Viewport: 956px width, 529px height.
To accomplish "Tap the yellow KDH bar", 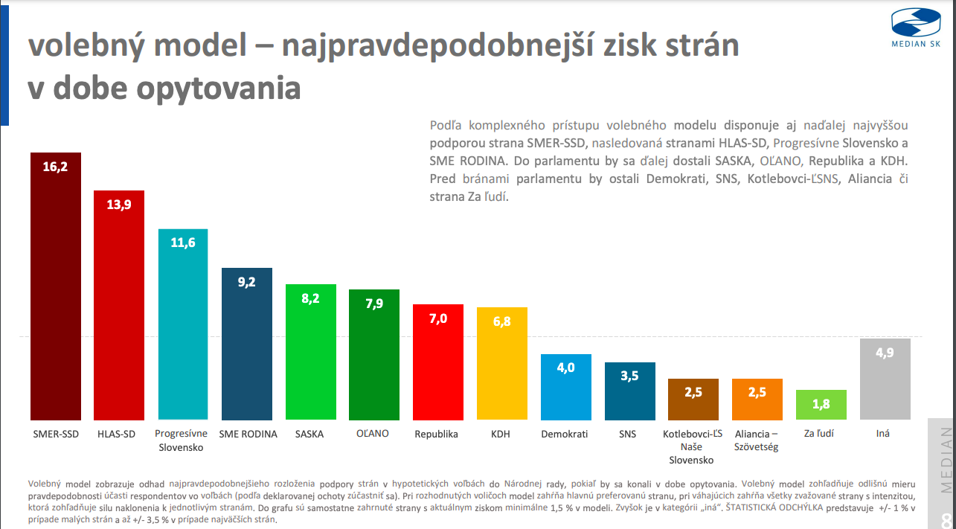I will click(501, 372).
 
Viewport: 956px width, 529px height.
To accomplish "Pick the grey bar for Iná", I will click(885, 387).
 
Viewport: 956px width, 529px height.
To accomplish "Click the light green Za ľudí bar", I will click(821, 409).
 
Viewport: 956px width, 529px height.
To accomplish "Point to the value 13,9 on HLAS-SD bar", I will click(119, 205).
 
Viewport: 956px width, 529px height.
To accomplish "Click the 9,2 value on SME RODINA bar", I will click(247, 282).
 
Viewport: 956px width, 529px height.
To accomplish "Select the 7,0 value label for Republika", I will click(438, 318).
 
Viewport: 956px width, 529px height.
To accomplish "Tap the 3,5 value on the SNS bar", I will click(629, 376).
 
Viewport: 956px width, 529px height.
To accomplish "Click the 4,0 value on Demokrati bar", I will click(565, 368).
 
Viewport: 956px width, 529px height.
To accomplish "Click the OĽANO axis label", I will click(373, 433).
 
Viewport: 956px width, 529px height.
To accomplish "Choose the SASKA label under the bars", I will click(309, 434).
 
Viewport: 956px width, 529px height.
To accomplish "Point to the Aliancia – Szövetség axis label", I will click(756, 440).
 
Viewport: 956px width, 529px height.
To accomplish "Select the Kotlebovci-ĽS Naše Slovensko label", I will click(692, 446).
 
